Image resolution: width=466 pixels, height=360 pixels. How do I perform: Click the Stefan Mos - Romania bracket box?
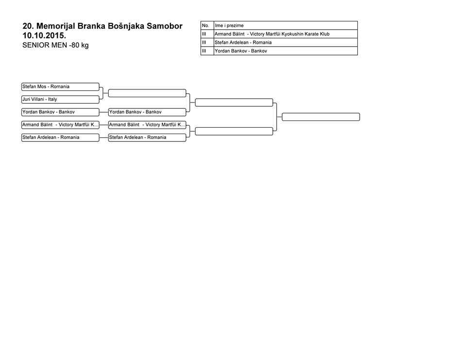(x=60, y=86)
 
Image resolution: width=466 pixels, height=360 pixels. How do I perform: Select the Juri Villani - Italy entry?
(x=60, y=100)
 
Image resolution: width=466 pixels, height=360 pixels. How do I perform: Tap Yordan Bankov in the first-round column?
(x=60, y=112)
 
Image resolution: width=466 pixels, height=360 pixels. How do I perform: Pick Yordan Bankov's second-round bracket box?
(x=147, y=112)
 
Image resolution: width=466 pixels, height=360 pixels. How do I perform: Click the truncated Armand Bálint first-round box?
(x=60, y=125)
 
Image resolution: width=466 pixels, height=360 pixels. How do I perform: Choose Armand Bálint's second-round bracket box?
(x=147, y=125)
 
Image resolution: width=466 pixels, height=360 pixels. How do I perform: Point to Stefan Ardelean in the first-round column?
(x=60, y=137)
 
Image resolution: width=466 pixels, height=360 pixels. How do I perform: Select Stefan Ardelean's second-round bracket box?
(x=147, y=137)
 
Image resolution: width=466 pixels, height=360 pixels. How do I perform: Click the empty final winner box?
(x=321, y=117)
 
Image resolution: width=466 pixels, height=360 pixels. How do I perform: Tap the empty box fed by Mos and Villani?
(x=147, y=93)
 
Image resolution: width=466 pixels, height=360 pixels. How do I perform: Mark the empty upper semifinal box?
(x=234, y=103)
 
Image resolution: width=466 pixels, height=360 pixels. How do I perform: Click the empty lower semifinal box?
(x=234, y=131)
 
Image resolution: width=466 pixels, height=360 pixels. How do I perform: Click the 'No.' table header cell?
(x=207, y=26)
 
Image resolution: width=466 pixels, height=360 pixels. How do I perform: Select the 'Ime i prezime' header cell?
(x=285, y=26)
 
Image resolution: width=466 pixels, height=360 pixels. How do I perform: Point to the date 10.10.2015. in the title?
(x=44, y=35)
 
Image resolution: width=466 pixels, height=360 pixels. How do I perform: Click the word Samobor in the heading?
(x=165, y=26)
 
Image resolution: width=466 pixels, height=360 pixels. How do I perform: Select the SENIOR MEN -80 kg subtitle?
(x=55, y=45)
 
